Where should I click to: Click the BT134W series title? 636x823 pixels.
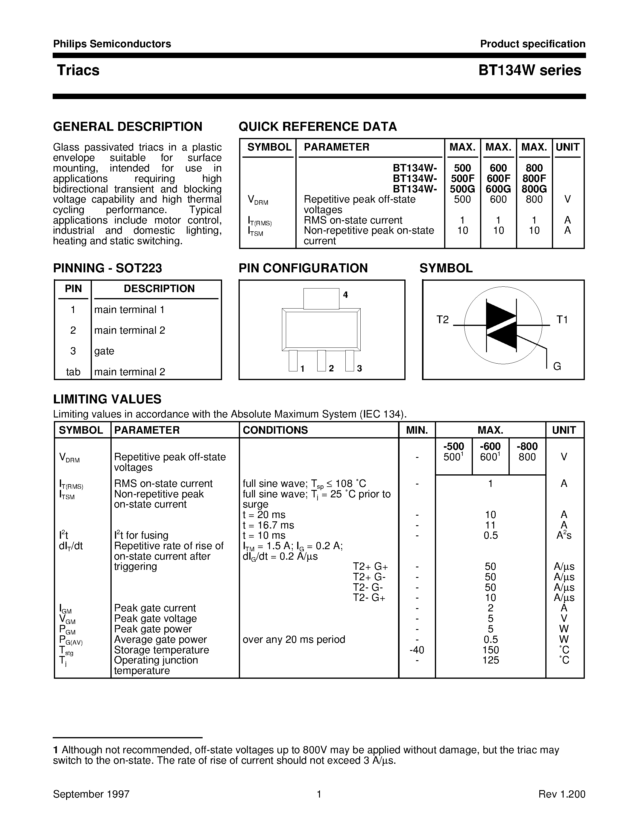(529, 70)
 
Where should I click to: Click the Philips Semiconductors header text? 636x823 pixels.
(112, 44)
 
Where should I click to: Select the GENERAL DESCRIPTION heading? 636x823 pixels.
(128, 127)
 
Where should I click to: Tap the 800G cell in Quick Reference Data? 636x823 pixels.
(534, 189)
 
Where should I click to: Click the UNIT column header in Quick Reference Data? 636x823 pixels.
(567, 147)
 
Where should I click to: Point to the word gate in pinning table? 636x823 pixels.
(104, 351)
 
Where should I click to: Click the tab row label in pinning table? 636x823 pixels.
(73, 372)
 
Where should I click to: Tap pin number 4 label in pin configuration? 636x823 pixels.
(345, 295)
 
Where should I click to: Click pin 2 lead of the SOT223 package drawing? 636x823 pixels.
(321, 361)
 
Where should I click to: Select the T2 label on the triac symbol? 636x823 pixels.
(443, 320)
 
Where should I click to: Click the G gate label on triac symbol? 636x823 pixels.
(557, 366)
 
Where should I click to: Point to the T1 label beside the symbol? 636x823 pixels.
(562, 320)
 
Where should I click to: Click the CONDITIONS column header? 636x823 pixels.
(275, 430)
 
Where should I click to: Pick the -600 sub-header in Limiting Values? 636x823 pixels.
(490, 447)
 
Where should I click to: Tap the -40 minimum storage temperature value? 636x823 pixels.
(416, 650)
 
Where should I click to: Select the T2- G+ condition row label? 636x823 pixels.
(369, 598)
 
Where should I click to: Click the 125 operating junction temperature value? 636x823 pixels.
(490, 660)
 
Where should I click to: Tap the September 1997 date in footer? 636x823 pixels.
(91, 794)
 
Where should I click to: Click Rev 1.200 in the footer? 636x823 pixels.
(562, 794)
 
